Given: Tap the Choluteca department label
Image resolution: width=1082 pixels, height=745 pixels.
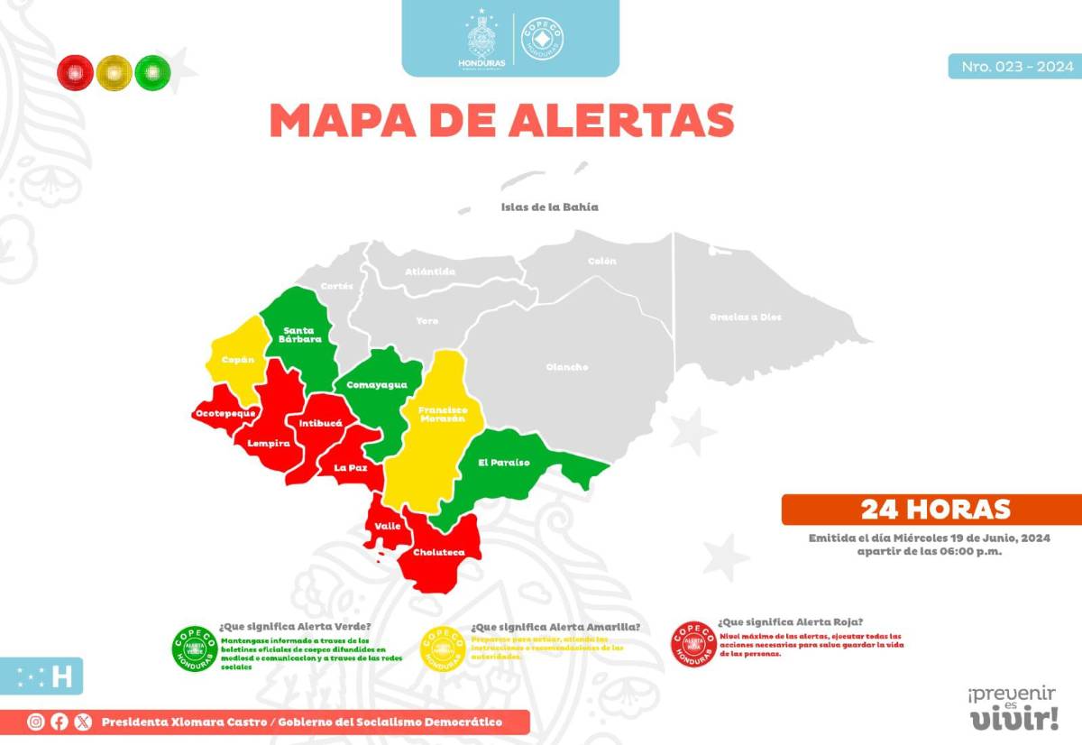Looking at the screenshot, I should coord(438,552).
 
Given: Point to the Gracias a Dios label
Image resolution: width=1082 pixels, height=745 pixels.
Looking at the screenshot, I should coord(746,317).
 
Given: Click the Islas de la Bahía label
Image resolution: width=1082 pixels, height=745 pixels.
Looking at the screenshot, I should coord(549,207).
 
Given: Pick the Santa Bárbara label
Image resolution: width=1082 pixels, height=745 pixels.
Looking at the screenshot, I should coord(298,335).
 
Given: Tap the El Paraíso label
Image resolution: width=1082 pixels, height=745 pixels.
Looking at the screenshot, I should coord(504,463).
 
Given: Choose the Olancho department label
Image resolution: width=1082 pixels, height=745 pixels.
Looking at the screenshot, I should coord(567,367).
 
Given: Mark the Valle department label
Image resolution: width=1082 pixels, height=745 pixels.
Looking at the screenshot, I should coord(388,525).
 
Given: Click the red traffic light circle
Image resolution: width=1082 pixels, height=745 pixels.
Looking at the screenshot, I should coord(75,72).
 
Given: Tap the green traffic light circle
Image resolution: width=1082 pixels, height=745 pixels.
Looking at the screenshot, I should coord(152,72).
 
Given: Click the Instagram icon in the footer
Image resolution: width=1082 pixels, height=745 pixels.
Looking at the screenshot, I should coord(36,722).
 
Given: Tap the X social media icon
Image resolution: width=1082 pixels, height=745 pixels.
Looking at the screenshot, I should coord(84,722).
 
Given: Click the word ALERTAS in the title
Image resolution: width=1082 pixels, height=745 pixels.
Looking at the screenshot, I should coord(620,120).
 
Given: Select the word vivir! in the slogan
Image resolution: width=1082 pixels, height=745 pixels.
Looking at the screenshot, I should coord(1013,719).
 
